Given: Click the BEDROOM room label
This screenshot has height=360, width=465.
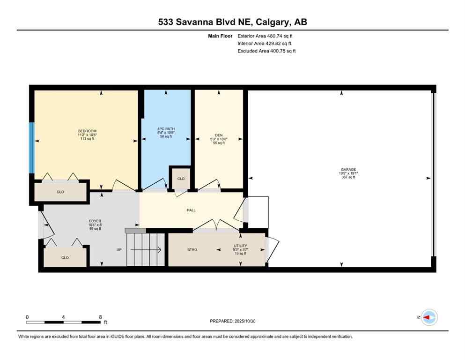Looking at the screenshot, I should [x=87, y=131].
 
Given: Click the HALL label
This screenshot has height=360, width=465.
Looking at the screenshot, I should [x=191, y=210].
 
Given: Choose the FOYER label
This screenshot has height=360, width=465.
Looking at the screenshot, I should [x=95, y=221].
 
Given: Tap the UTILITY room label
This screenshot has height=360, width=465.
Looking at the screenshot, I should [x=241, y=246].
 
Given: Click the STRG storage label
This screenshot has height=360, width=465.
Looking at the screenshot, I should [x=192, y=249].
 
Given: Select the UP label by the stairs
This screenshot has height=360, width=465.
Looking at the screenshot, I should [x=119, y=249].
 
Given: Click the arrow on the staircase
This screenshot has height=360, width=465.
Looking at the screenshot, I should [x=147, y=250].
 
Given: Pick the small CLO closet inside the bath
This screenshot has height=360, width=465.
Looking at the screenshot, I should [x=181, y=179].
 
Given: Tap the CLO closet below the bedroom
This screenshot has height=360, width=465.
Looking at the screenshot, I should [x=60, y=192].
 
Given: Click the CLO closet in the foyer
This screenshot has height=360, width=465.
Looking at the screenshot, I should [x=65, y=257].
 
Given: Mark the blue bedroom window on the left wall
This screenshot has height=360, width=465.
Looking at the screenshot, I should [x=32, y=148].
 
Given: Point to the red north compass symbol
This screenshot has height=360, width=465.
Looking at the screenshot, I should [x=428, y=317].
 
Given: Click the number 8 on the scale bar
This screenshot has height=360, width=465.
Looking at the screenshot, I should [x=100, y=317].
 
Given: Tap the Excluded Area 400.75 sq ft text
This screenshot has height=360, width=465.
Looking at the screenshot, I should [x=266, y=51].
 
